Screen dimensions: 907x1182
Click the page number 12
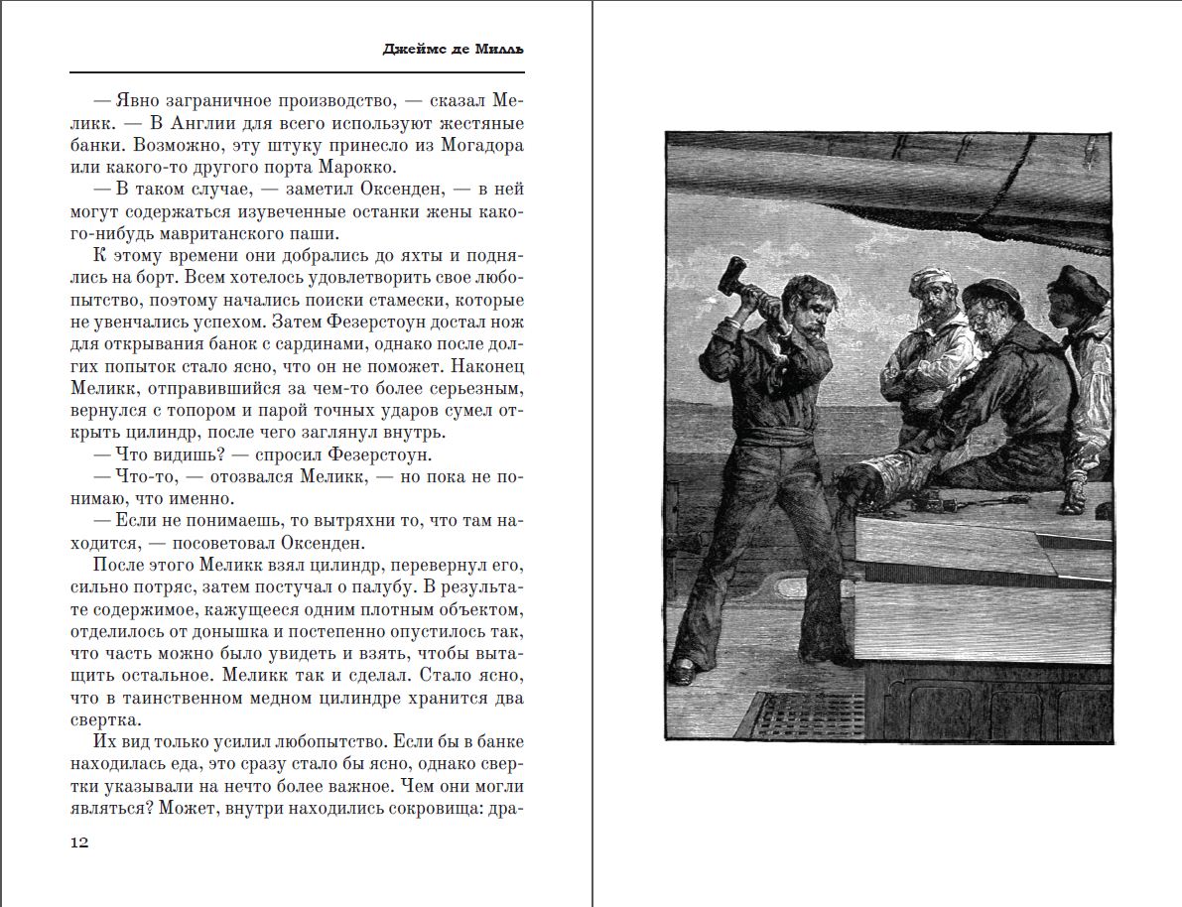coord(79,842)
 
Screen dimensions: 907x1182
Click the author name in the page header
coord(453,49)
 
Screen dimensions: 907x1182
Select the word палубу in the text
coord(345,586)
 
